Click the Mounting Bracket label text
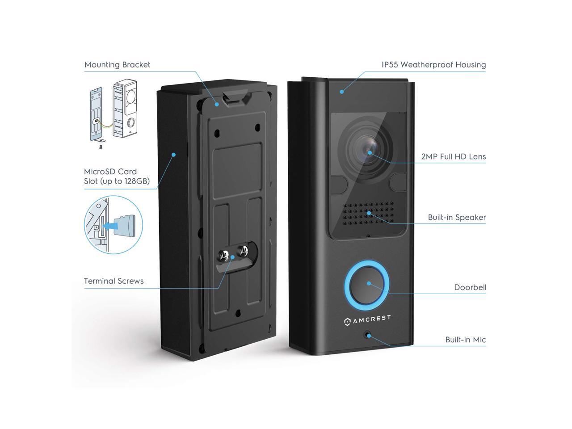tap(118, 65)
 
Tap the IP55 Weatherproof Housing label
tap(433, 65)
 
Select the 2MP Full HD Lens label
tap(453, 157)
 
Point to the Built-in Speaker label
tap(457, 218)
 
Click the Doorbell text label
tap(470, 287)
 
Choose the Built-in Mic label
tap(466, 340)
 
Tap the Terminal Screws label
tap(114, 281)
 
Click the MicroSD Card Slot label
tap(117, 176)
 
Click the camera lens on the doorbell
tap(370, 152)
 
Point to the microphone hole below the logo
tap(368, 335)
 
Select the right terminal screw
tap(244, 251)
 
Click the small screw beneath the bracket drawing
tap(101, 146)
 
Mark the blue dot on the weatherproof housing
tap(341, 92)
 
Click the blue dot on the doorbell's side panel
tap(173, 155)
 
